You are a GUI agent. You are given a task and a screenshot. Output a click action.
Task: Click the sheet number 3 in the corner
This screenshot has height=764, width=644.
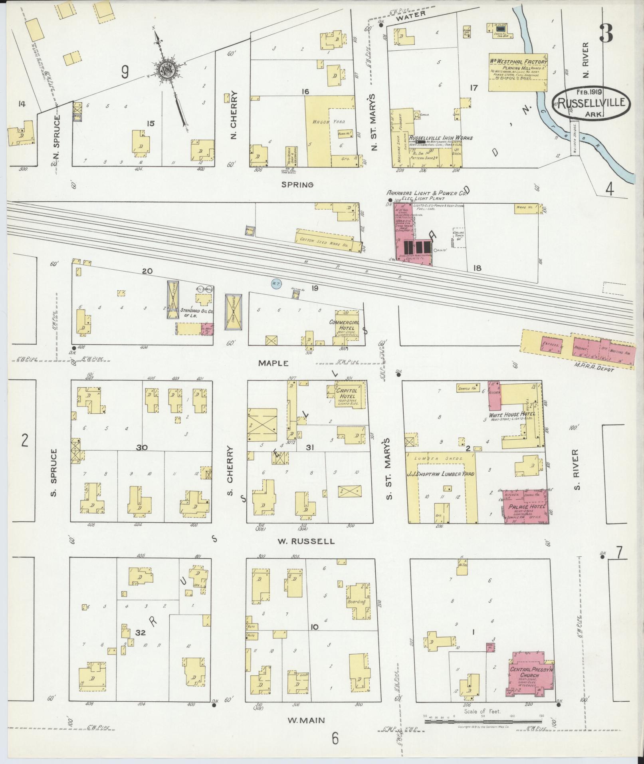[606, 32]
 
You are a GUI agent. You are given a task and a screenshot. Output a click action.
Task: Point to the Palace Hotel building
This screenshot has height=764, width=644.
[525, 506]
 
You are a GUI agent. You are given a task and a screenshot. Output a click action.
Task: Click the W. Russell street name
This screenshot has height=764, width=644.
[306, 542]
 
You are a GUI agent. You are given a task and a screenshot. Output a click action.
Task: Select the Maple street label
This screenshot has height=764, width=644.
[273, 363]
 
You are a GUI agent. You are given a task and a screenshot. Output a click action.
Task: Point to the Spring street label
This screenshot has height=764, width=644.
[297, 185]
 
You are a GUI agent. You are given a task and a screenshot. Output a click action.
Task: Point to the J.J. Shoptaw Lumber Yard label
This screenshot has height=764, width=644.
[441, 474]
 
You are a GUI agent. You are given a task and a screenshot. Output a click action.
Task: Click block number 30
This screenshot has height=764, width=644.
[142, 448]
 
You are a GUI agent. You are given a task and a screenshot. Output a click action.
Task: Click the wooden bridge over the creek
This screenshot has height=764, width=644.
[574, 138]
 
